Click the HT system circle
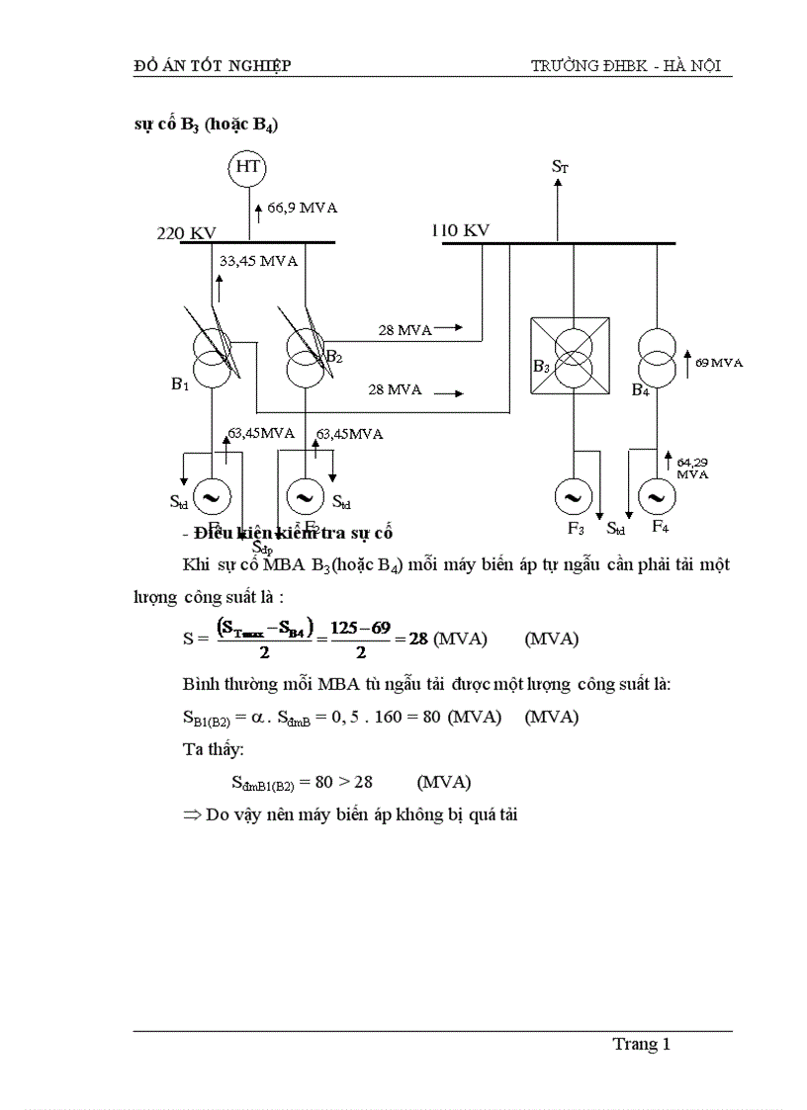[x=248, y=168]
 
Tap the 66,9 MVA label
[x=303, y=208]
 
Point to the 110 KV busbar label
[x=460, y=230]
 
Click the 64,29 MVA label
[x=692, y=468]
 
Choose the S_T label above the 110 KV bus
[x=560, y=167]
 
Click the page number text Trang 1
[x=642, y=1044]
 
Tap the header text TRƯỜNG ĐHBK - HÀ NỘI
[x=626, y=66]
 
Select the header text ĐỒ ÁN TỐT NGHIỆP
[x=213, y=66]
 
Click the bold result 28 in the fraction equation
[x=417, y=639]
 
